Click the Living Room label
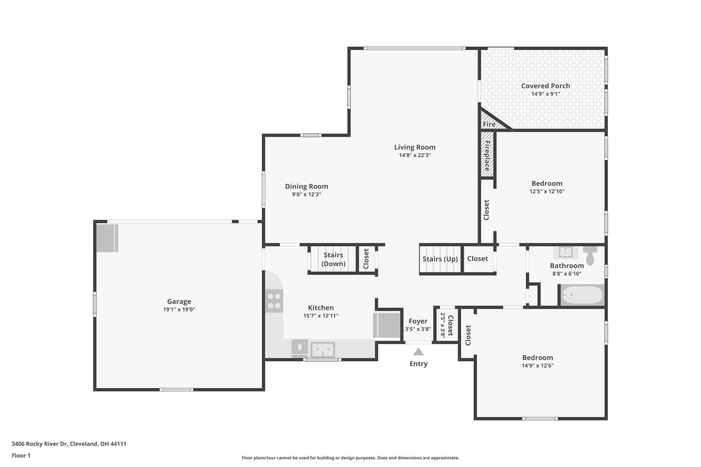pos(415,147)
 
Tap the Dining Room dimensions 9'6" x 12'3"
pos(306,195)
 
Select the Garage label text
pos(179,302)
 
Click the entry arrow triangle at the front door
pos(418,352)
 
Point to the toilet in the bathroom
pos(590,256)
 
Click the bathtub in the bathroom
pos(582,295)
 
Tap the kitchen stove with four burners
pos(274,301)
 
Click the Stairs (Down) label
pos(333,259)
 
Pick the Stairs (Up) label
pos(440,259)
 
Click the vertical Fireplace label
pos(487,156)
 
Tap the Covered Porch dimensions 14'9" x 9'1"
pos(546,94)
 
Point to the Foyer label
pos(418,321)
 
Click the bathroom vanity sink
pos(565,252)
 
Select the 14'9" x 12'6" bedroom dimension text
pos(537,365)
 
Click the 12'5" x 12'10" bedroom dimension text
pos(547,192)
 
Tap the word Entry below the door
pos(418,364)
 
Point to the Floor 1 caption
pos(21,456)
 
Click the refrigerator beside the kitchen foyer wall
pos(387,325)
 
